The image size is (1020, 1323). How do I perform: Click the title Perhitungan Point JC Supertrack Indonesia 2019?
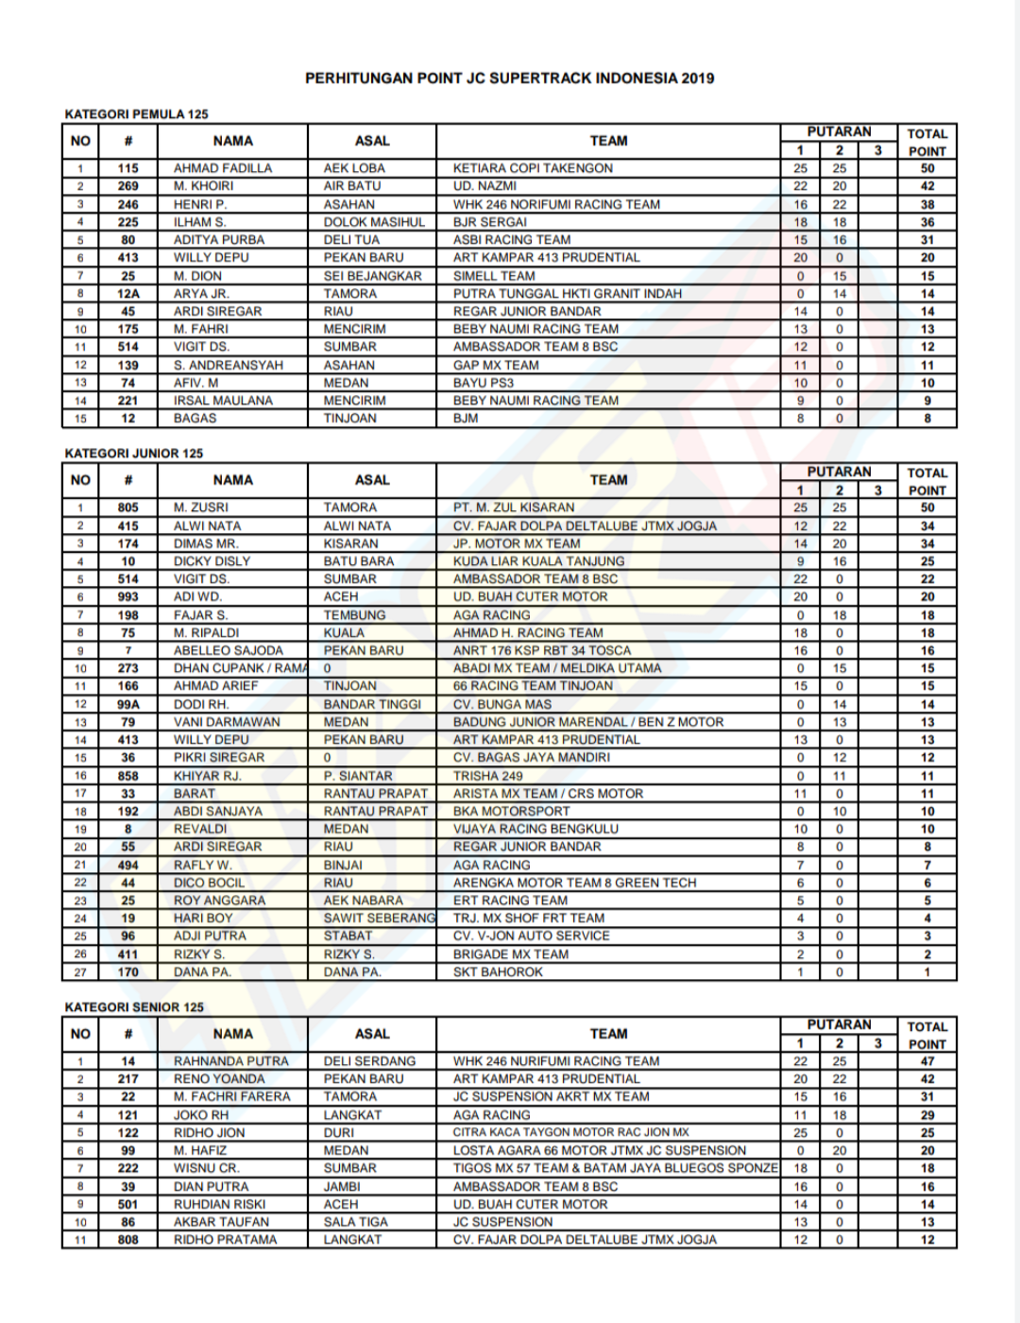point(509,78)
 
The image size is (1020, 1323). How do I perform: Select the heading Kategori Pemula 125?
point(136,114)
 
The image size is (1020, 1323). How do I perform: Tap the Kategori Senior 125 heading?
point(134,1007)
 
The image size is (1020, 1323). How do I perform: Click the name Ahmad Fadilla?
point(222,168)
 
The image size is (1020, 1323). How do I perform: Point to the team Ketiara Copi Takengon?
point(533,168)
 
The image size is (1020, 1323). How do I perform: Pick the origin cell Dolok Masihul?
point(374,222)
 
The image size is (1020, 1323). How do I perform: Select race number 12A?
point(128,294)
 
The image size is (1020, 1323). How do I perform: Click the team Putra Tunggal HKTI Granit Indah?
point(567,294)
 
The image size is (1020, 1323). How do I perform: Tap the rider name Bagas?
point(195,419)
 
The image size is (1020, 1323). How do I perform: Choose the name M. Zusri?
point(200,507)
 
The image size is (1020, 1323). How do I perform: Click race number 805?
point(128,507)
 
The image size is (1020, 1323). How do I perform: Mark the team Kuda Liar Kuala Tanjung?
point(538,561)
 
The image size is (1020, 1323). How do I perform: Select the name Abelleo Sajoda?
point(228,651)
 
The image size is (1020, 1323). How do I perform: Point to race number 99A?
point(128,704)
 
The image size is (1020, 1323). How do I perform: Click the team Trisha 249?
point(487,776)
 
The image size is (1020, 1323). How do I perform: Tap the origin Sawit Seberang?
point(379,919)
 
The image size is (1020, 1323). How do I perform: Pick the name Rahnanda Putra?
point(230,1061)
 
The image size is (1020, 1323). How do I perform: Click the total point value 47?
point(926,1061)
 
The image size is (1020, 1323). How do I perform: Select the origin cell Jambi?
point(342,1186)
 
